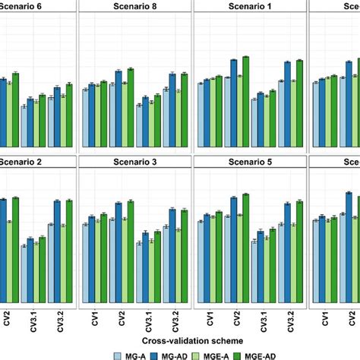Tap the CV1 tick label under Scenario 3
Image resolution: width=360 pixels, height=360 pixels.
[94, 313]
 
